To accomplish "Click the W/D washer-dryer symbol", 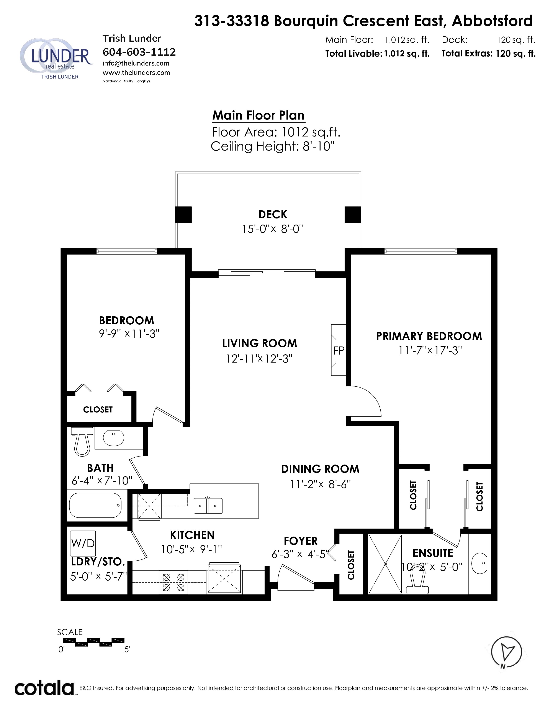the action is (x=83, y=543).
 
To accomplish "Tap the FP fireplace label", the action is (x=339, y=350).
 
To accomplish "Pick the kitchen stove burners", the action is (x=173, y=582).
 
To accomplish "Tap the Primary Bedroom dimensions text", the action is (x=430, y=350).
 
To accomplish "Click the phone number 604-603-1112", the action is (x=139, y=52).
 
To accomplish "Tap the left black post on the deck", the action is (x=183, y=215).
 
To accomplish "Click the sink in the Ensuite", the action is (x=479, y=563).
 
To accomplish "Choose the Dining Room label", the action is (x=320, y=469).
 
